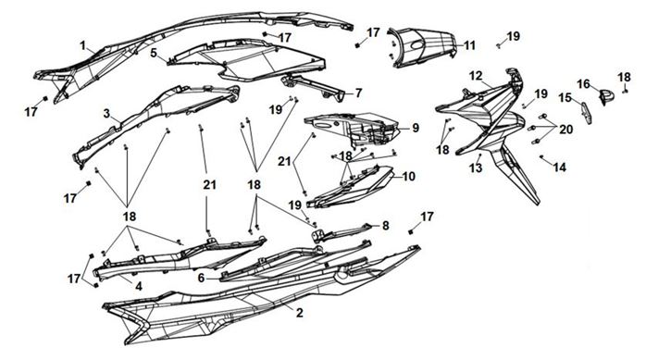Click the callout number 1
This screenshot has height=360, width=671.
click(83, 45)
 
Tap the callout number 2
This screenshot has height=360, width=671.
click(300, 313)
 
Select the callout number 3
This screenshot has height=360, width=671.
click(106, 114)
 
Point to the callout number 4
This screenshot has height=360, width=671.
click(139, 286)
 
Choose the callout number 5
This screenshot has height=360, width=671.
click(154, 53)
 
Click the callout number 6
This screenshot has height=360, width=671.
click(201, 279)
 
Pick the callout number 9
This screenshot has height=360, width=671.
click(415, 128)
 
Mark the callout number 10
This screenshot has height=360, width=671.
click(409, 176)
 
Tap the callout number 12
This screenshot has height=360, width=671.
click(476, 76)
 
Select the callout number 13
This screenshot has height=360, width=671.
click(476, 168)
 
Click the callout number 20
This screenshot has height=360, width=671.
click(565, 129)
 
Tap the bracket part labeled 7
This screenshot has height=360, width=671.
click(315, 87)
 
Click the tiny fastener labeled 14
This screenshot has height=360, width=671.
click(541, 156)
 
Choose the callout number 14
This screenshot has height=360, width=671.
click(559, 167)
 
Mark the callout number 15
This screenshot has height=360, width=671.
click(565, 97)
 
